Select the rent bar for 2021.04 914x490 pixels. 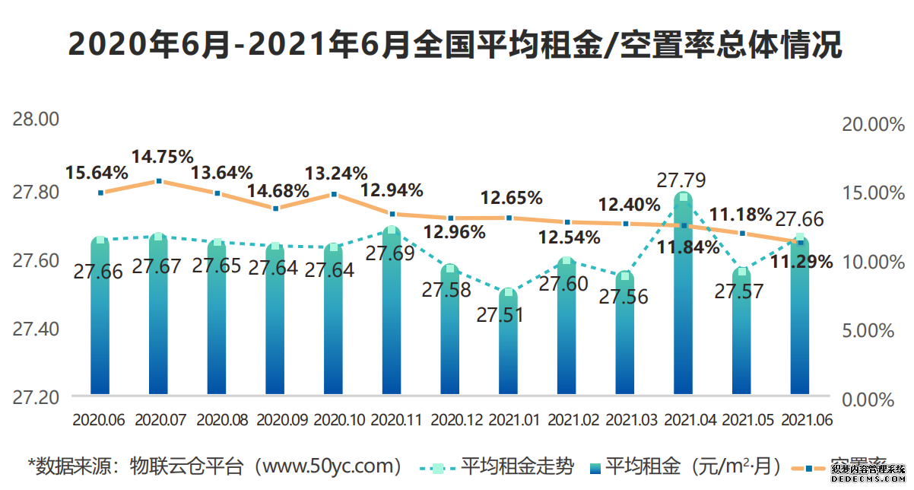[684, 304]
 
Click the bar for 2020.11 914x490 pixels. [392, 320]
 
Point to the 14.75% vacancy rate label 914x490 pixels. [163, 157]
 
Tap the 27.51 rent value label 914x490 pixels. [500, 314]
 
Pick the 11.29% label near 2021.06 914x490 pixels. [802, 262]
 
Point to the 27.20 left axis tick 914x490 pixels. [35, 397]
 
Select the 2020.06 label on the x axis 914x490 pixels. [98, 419]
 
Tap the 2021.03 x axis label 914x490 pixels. [625, 419]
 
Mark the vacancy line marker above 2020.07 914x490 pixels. [159, 181]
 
